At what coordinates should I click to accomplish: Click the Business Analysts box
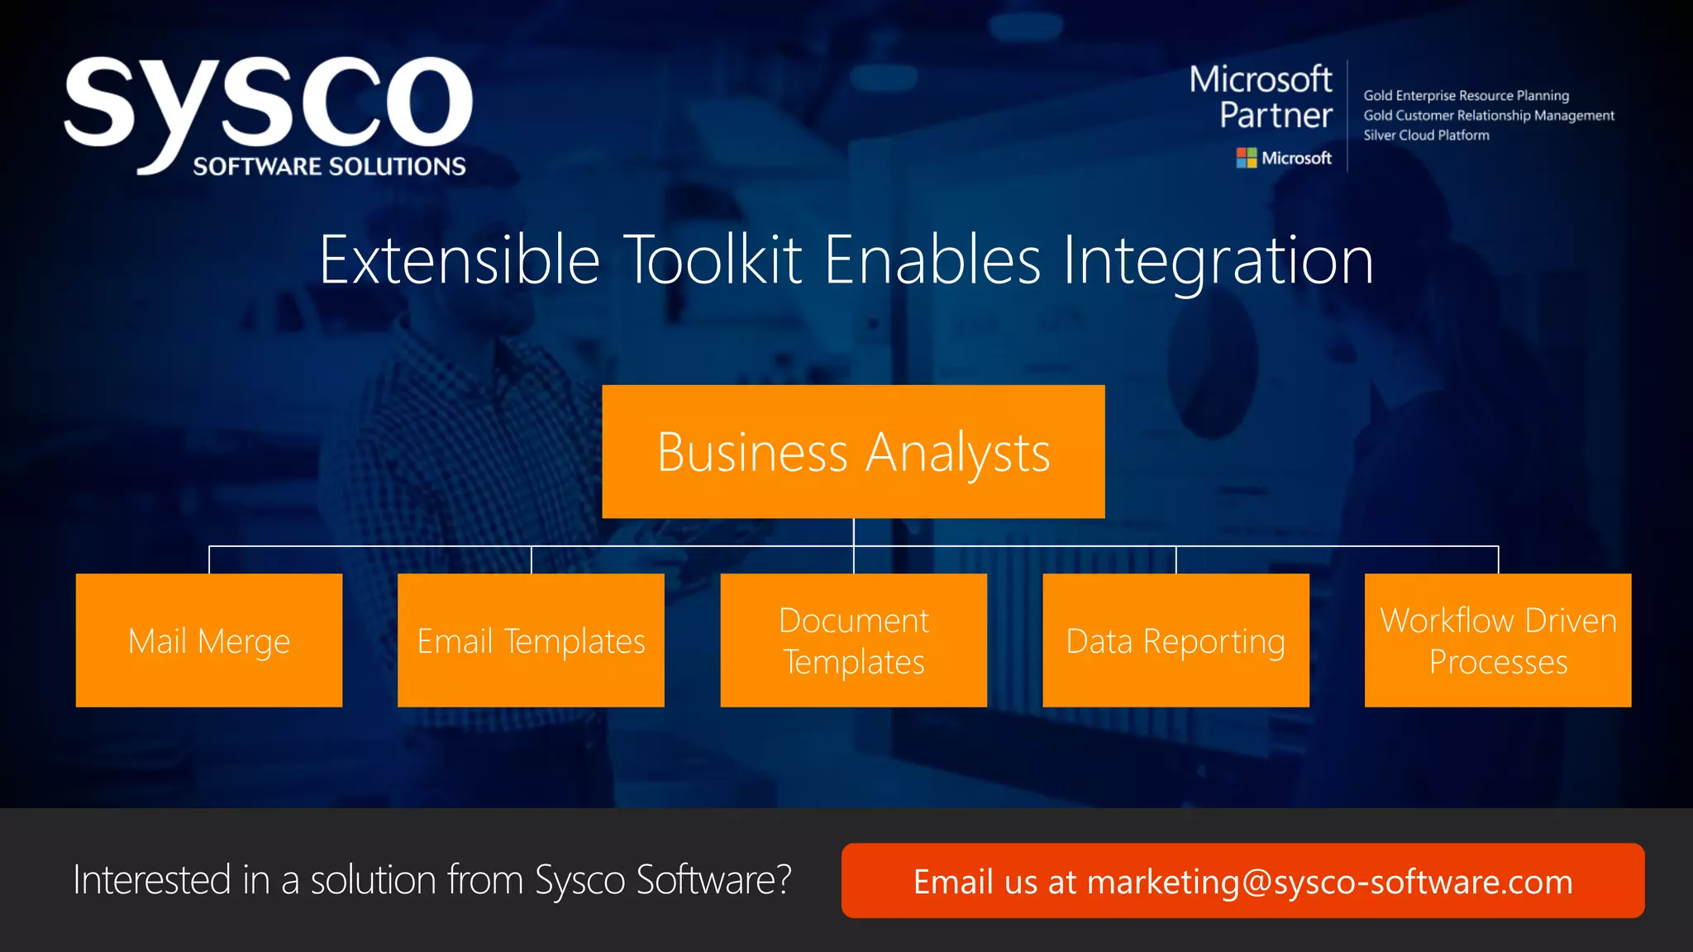[x=853, y=451]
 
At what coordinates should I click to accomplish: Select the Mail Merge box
[x=209, y=640]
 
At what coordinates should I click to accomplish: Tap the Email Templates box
[x=531, y=640]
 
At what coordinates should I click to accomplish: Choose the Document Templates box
[x=853, y=640]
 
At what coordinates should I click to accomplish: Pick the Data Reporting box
[x=1176, y=640]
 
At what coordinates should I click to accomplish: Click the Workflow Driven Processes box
[x=1498, y=640]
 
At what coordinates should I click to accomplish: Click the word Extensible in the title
[x=460, y=260]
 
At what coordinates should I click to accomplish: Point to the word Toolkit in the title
[x=713, y=260]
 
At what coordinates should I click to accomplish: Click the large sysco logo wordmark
[x=269, y=103]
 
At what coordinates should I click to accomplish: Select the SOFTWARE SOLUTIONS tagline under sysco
[x=329, y=166]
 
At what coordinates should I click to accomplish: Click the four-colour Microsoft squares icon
[x=1246, y=158]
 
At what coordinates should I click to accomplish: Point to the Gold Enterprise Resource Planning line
[x=1466, y=96]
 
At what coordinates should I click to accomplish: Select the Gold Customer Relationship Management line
[x=1488, y=116]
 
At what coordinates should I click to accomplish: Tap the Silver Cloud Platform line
[x=1426, y=136]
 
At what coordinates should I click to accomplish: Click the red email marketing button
[x=1242, y=881]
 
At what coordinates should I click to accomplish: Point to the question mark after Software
[x=783, y=879]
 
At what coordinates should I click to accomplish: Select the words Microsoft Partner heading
[x=1261, y=98]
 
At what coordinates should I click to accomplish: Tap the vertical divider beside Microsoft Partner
[x=1347, y=116]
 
